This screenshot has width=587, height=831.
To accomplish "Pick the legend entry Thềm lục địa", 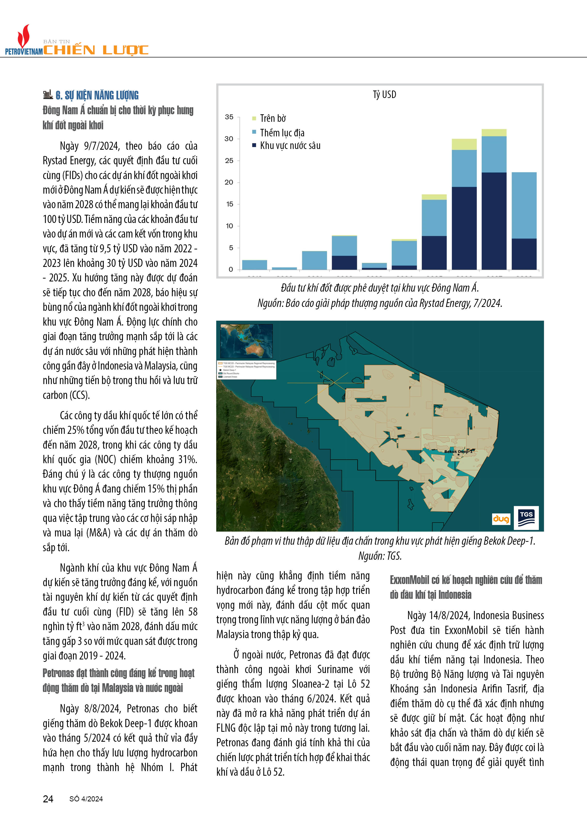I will click(282, 133).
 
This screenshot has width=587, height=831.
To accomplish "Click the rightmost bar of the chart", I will click(524, 221).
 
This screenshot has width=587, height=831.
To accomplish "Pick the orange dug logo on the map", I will click(501, 519).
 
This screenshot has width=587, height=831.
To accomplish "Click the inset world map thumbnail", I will click(246, 341).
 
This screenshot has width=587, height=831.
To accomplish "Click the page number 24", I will click(48, 799).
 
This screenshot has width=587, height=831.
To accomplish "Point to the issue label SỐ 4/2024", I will click(86, 799).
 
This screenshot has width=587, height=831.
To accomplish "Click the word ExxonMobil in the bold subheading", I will click(410, 580).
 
